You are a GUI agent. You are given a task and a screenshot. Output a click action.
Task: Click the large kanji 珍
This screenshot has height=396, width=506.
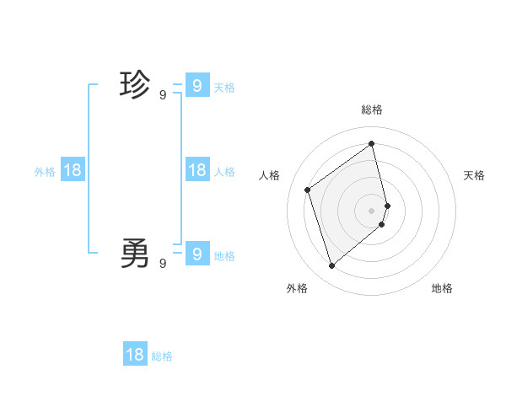pyautogui.click(x=135, y=85)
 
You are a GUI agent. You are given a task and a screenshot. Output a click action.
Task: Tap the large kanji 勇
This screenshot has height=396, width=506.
pyautogui.click(x=135, y=253)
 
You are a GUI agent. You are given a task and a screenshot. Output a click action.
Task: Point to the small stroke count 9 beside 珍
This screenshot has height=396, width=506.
pyautogui.click(x=163, y=95)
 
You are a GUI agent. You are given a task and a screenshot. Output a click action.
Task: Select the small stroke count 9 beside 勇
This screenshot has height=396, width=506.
pyautogui.click(x=163, y=264)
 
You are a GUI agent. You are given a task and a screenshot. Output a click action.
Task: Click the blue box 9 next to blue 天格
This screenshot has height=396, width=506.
pyautogui.click(x=196, y=85)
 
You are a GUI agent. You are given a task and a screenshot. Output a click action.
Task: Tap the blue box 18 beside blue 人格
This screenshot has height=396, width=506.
pyautogui.click(x=196, y=169)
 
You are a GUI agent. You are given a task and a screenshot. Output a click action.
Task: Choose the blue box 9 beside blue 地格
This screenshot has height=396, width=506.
pyautogui.click(x=196, y=253)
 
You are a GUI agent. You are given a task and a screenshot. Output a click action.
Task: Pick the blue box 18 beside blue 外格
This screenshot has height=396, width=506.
pyautogui.click(x=73, y=169)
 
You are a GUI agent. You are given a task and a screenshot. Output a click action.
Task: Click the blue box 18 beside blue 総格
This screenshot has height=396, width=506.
pyautogui.click(x=135, y=354)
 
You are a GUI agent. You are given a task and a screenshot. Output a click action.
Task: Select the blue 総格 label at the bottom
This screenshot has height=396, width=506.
pyautogui.click(x=162, y=356)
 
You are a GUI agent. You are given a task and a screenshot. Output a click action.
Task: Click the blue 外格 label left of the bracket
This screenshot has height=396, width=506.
pyautogui.click(x=45, y=172)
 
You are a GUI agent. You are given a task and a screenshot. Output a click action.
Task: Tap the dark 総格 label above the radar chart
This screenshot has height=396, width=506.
pyautogui.click(x=372, y=110)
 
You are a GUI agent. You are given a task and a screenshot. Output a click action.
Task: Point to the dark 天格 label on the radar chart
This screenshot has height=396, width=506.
pyautogui.click(x=474, y=175)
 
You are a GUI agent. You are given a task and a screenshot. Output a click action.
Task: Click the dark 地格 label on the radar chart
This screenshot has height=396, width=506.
pyautogui.click(x=442, y=288)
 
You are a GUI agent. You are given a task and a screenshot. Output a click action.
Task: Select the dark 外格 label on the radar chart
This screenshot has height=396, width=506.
pyautogui.click(x=297, y=288)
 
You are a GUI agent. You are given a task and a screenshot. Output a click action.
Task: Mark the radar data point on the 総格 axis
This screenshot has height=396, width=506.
pyautogui.click(x=372, y=144)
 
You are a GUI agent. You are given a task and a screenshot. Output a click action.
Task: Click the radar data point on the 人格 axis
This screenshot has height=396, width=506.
pyautogui.click(x=308, y=190)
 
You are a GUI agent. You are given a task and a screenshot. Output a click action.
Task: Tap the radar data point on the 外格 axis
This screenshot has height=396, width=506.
pyautogui.click(x=331, y=266)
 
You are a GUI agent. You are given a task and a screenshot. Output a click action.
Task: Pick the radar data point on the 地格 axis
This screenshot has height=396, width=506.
pyautogui.click(x=382, y=224)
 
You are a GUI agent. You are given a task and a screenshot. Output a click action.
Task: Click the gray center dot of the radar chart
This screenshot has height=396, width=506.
pyautogui.click(x=372, y=210)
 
